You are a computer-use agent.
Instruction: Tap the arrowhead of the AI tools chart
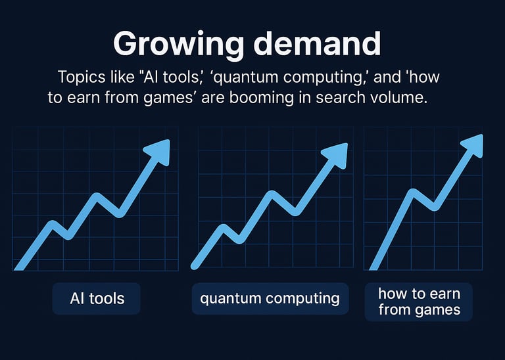158,152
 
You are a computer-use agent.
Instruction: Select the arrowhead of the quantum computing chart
335,156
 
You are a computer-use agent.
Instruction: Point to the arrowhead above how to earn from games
473,146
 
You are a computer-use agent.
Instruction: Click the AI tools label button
96,298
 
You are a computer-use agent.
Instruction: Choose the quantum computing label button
270,298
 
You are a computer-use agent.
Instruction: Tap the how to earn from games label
419,302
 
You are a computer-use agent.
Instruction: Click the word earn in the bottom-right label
445,294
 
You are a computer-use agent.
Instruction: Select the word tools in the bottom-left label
107,298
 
